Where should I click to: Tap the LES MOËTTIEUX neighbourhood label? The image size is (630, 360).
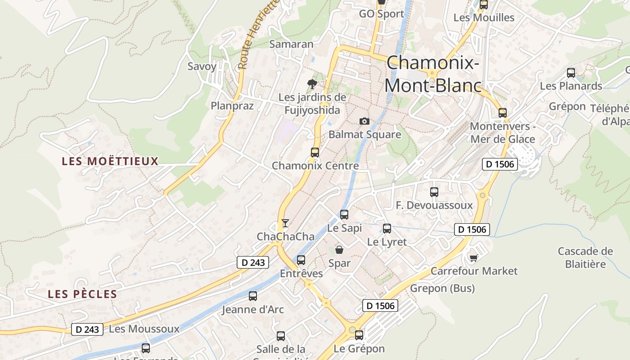tap(110, 161)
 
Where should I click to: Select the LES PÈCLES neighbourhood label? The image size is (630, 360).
tap(82, 294)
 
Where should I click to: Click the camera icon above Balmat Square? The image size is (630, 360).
tap(364, 121)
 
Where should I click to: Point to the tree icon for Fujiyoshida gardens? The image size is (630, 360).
tap(311, 84)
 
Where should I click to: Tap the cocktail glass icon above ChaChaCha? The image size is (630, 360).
tap(285, 223)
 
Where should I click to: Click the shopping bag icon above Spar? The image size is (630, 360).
tap(339, 250)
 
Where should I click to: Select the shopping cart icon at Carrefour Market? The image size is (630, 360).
tap(473, 257)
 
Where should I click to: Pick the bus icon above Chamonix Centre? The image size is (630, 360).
tap(315, 152)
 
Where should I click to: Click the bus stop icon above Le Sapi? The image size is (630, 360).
tap(344, 215)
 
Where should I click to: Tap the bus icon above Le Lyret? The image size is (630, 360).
tap(387, 229)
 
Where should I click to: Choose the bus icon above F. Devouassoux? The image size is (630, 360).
tap(434, 192)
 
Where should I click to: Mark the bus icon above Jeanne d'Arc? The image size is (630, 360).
tap(253, 296)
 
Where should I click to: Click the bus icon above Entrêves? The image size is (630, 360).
tap(301, 260)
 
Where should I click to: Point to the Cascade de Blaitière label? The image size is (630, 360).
tap(585, 257)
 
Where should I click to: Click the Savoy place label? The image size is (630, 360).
tap(202, 66)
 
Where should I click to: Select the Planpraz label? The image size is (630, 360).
tap(232, 106)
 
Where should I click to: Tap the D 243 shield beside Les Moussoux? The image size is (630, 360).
tap(87, 329)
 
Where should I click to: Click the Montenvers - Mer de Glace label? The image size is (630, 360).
tap(502, 133)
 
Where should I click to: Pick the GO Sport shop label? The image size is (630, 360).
tap(382, 14)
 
